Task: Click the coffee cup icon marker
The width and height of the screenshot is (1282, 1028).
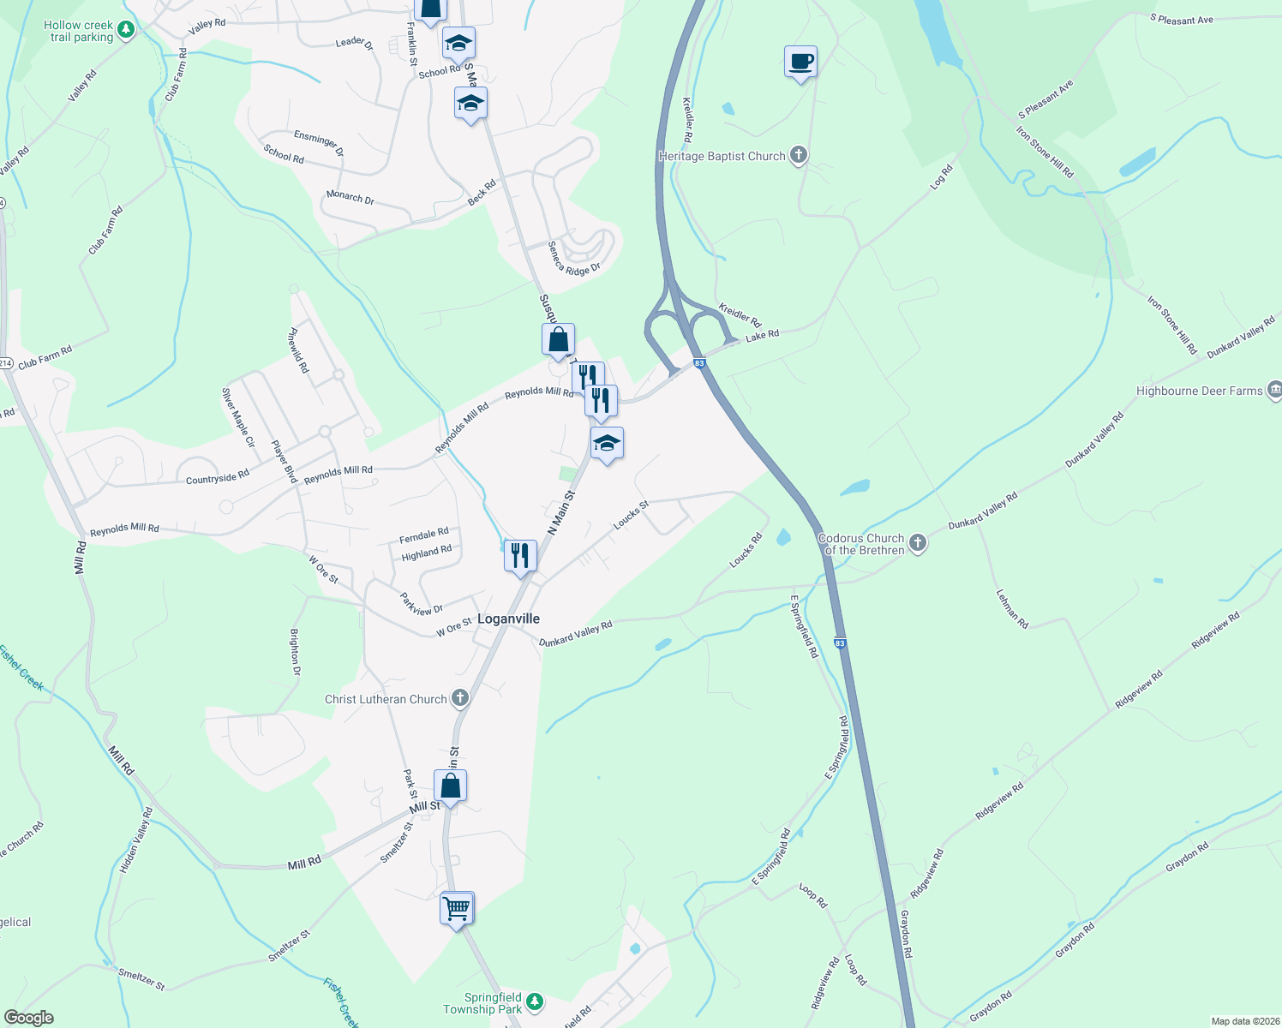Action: point(800,63)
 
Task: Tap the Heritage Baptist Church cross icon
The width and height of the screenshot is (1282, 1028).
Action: point(799,155)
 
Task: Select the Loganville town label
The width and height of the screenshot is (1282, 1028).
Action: point(508,619)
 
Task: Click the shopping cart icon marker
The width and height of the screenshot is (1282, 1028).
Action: point(457,907)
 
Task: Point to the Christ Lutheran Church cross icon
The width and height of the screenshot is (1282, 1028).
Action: point(460,698)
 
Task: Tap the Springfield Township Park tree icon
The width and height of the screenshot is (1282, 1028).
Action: point(535,1001)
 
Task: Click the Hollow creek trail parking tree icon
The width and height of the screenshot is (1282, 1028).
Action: point(126,31)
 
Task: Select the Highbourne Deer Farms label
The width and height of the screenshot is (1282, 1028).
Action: point(1199,391)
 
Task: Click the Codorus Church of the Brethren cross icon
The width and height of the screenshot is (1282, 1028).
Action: point(918,543)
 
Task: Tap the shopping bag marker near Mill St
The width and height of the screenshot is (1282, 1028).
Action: point(450,786)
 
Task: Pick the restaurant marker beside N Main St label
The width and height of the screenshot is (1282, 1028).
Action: point(520,556)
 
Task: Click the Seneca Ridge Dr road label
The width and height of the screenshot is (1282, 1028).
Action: point(574,259)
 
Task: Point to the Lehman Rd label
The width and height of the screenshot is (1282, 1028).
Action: point(1012,608)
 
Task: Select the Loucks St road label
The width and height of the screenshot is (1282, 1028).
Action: point(631,515)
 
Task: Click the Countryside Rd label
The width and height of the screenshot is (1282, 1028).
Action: point(218,476)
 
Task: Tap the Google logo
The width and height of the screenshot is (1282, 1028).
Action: point(29,1018)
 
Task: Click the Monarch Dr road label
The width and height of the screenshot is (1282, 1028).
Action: point(350,197)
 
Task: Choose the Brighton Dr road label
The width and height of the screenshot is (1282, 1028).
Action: point(295,652)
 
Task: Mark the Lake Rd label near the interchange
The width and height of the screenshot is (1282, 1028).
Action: point(762,335)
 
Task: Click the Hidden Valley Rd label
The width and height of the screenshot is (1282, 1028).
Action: point(136,840)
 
